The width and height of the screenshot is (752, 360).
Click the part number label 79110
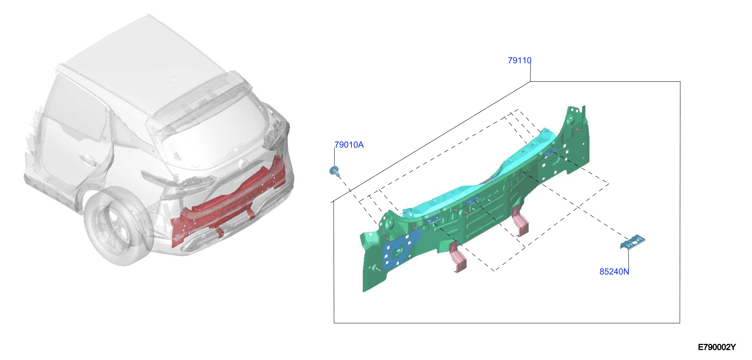[519, 60]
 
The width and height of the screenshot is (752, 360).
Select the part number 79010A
[349, 145]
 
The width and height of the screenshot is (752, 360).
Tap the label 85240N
[614, 271]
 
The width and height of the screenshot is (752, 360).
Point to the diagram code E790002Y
[717, 347]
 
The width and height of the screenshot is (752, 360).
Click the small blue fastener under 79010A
[334, 171]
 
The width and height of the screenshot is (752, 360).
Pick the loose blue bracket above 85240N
[633, 242]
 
